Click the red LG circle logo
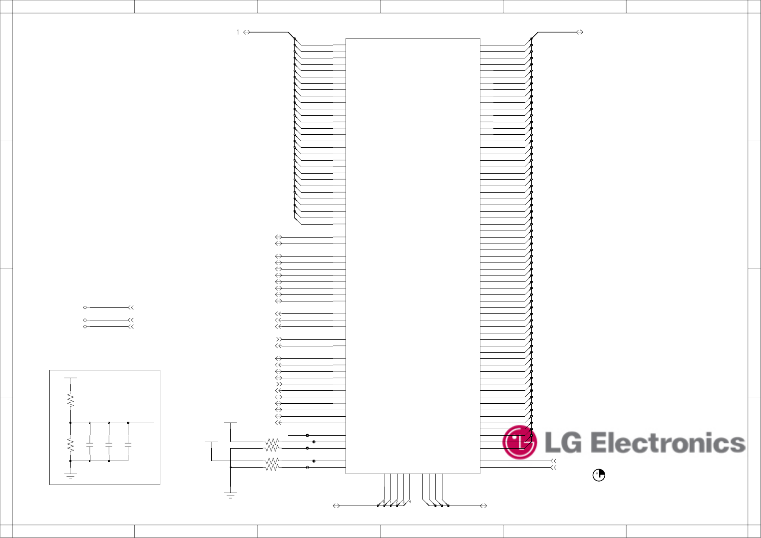click(519, 442)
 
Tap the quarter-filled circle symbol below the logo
click(599, 475)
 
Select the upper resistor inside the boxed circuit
click(70, 400)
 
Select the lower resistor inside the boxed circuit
click(70, 444)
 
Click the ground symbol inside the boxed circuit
click(70, 476)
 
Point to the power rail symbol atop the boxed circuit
click(70, 378)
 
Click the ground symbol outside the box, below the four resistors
click(230, 495)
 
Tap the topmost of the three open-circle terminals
click(85, 308)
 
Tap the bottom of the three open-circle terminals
click(85, 327)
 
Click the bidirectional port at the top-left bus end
click(246, 32)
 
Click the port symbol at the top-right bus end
click(580, 32)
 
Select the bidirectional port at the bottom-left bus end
click(336, 506)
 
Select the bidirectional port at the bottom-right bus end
click(483, 506)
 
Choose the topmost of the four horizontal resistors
click(272, 442)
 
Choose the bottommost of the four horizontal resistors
click(272, 468)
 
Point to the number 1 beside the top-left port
click(238, 32)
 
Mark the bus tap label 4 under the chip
click(410, 501)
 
